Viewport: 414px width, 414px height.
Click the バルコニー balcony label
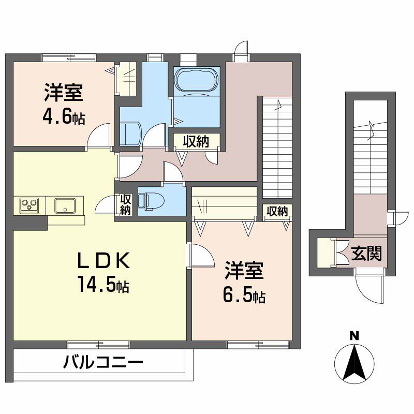point(103,362)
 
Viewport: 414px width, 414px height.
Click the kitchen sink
point(65,205)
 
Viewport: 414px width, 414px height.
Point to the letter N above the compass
point(354,335)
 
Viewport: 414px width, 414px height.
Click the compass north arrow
point(354,362)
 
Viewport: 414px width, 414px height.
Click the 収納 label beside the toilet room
point(125,204)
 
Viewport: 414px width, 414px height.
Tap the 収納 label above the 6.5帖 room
point(277,211)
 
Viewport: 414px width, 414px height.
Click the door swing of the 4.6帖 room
point(100,137)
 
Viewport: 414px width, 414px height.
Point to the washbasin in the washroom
point(130,134)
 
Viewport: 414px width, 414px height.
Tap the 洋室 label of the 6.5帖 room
point(244,272)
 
